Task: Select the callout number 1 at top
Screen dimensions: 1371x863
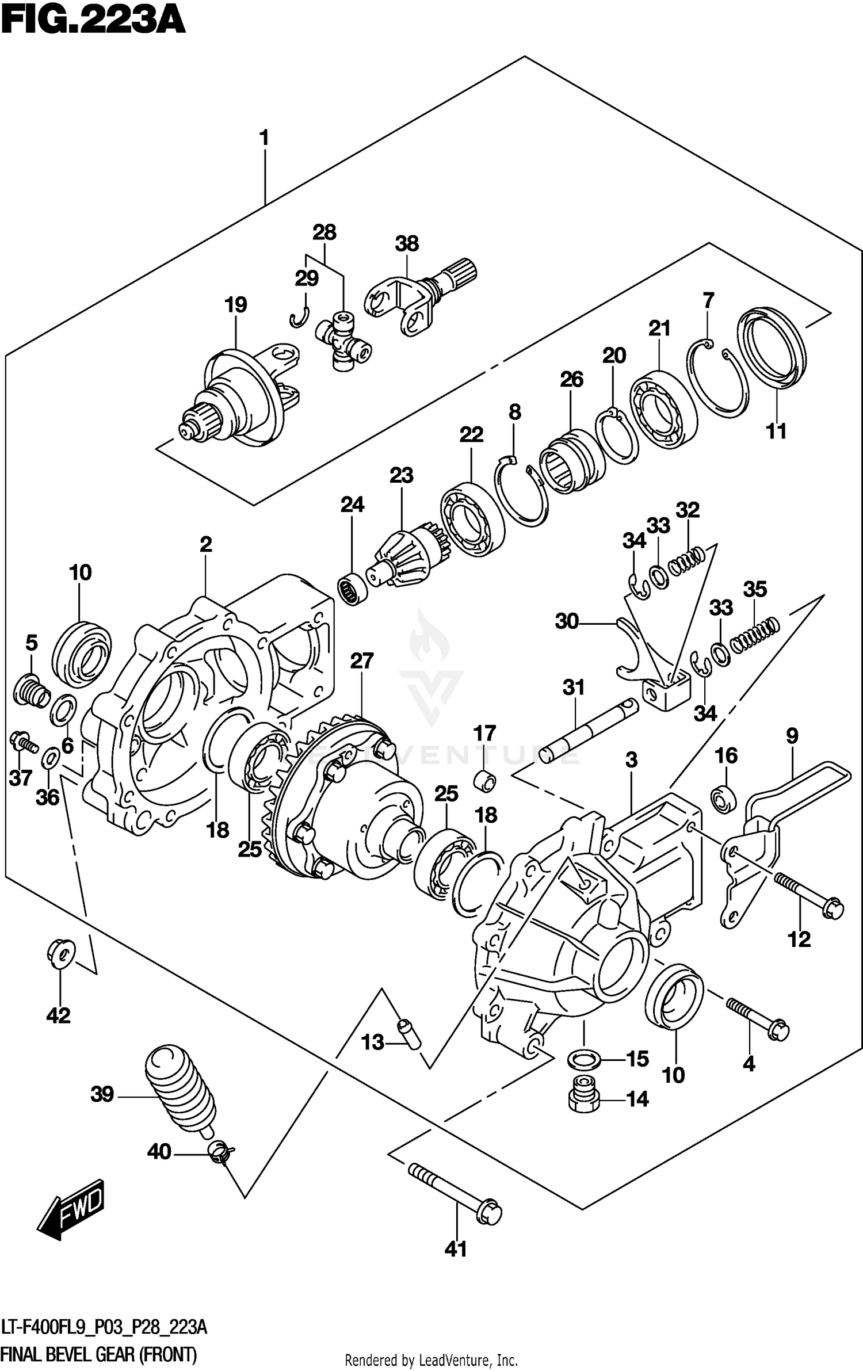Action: click(x=264, y=139)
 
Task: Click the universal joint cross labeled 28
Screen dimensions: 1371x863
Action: click(x=343, y=341)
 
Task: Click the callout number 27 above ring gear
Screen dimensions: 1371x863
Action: click(x=361, y=661)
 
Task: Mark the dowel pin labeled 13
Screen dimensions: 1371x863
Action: click(x=409, y=1033)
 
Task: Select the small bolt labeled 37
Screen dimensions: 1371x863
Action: click(x=23, y=742)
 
